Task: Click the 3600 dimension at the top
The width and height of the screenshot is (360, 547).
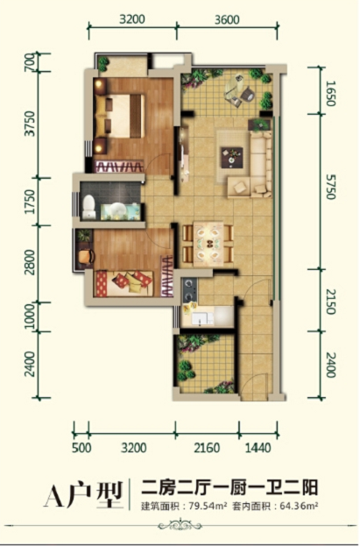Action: (227, 19)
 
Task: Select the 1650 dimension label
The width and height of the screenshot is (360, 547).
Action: (331, 93)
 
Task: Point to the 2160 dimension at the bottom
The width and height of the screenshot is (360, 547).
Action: (207, 448)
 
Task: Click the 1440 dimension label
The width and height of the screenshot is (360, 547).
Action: (258, 448)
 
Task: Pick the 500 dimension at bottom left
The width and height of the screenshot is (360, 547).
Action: (81, 448)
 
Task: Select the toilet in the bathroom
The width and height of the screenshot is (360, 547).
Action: (88, 207)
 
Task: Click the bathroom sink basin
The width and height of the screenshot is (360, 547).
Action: (116, 210)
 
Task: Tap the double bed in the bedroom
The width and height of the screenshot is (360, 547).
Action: (120, 117)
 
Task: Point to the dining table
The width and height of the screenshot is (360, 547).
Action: (208, 243)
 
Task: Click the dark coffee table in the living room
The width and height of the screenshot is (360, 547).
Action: (232, 157)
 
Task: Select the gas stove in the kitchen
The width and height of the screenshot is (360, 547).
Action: (190, 289)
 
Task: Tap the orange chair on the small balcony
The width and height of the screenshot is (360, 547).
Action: (86, 256)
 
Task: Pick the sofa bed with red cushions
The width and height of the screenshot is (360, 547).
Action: (124, 284)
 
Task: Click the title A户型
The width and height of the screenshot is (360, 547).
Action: (83, 494)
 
